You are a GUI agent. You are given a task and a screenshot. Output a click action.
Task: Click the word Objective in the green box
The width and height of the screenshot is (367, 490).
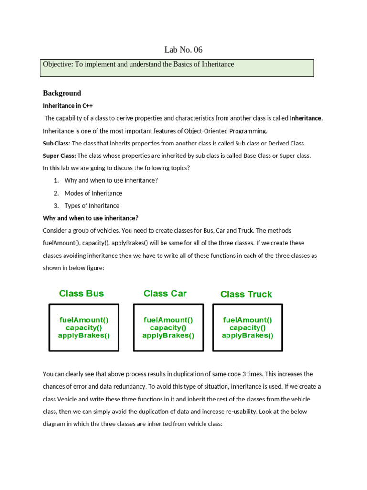56,64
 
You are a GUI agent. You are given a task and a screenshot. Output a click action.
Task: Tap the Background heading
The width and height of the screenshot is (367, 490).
62,93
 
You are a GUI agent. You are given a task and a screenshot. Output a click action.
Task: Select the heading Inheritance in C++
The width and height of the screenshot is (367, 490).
68,106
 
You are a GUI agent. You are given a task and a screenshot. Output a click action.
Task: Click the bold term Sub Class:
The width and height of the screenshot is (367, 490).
56,143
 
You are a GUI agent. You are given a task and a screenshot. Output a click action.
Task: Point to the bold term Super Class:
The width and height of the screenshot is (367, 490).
59,156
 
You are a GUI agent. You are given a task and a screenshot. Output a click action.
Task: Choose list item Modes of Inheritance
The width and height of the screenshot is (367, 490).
93,193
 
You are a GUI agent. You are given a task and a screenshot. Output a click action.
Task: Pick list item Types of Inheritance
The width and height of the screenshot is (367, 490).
92,206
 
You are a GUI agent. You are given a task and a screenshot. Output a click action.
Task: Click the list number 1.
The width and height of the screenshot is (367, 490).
56,181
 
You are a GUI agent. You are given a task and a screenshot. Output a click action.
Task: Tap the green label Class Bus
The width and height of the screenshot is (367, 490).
81,293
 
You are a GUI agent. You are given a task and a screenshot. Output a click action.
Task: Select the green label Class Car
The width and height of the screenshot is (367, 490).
165,293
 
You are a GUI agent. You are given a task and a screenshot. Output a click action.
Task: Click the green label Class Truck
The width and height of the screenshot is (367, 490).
246,294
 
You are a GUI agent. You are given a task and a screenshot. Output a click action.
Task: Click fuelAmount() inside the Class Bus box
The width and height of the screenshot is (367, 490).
84,320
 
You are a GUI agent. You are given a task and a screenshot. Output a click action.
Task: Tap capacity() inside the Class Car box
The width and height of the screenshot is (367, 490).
168,328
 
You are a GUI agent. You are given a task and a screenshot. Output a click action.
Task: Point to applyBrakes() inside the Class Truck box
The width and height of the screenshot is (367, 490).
248,335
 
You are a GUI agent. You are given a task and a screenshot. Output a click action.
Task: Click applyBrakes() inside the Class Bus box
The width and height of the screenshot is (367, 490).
84,335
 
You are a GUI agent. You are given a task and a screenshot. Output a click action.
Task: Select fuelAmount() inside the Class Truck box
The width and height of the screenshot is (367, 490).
248,320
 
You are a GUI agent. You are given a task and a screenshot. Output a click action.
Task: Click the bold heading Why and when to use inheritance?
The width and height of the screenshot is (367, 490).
90,218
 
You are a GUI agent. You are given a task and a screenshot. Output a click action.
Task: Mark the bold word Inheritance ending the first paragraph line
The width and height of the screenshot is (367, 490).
306,118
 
